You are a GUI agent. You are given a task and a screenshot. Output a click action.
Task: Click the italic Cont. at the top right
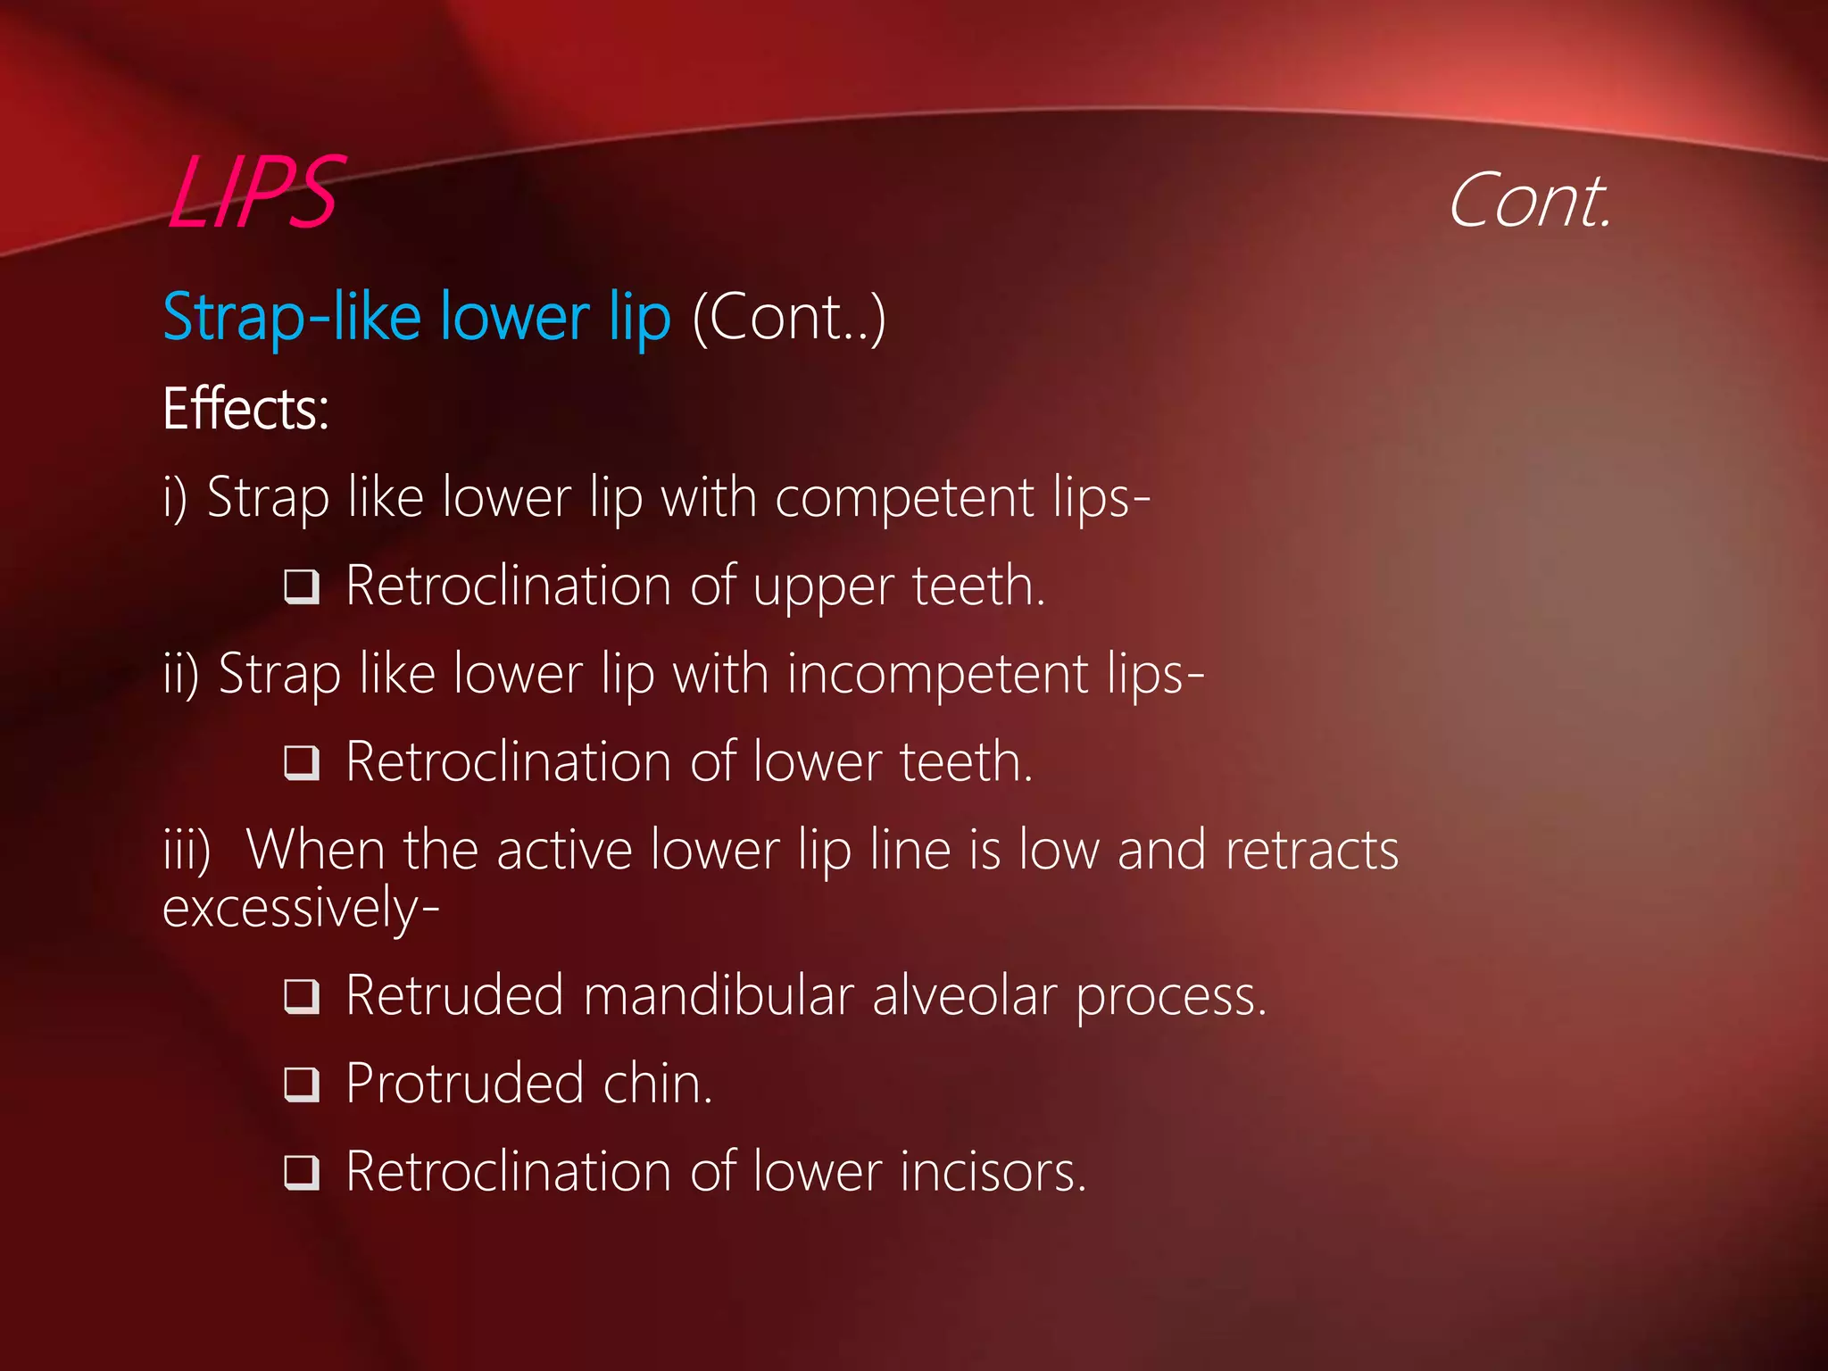[1529, 202]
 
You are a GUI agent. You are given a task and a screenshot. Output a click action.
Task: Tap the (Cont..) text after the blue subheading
[789, 317]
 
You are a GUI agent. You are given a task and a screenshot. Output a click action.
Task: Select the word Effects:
[245, 409]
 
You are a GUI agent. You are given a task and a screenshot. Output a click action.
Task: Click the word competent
[903, 497]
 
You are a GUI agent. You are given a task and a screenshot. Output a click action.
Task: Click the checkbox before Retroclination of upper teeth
[302, 587]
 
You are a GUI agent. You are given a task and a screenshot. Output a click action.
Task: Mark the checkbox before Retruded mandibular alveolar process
[302, 996]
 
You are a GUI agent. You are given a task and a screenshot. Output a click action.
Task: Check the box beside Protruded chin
[302, 1084]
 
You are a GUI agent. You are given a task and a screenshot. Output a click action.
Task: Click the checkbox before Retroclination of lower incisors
[302, 1171]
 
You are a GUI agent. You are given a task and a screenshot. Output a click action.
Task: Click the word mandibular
[718, 995]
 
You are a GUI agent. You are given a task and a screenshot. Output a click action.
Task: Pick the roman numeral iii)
[187, 851]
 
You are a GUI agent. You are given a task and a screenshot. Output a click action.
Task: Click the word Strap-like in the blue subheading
[291, 318]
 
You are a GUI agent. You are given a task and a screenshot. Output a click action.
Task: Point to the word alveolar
[964, 995]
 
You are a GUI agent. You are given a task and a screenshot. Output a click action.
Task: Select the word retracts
[1311, 851]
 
